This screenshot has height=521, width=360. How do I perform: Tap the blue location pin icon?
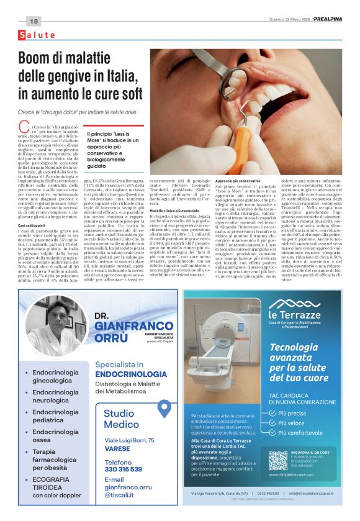click(x=164, y=410)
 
